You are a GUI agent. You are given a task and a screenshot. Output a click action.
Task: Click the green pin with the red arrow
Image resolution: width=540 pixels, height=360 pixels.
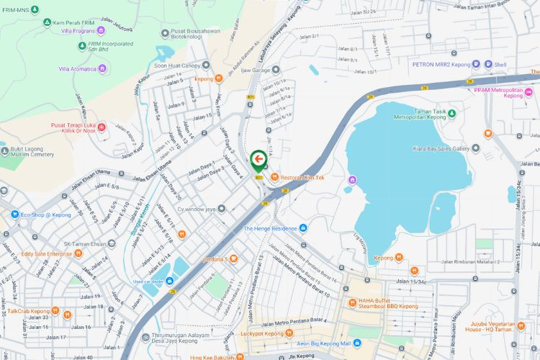click(x=258, y=161)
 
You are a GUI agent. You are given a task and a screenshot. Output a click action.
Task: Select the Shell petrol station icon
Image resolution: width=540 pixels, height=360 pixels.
click(x=487, y=64)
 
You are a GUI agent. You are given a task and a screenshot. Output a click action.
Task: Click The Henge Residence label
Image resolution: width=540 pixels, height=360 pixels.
click(x=270, y=228)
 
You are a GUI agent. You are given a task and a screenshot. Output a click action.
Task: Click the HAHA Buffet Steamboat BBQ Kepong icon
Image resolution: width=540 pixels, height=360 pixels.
click(x=352, y=302)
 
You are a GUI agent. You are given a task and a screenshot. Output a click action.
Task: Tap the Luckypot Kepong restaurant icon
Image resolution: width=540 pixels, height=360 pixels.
click(x=289, y=333)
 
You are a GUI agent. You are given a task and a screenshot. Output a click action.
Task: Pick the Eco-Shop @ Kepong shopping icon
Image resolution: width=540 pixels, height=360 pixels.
click(x=14, y=214)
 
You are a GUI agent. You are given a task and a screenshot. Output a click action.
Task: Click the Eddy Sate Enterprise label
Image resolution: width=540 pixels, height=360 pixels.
click(x=46, y=253)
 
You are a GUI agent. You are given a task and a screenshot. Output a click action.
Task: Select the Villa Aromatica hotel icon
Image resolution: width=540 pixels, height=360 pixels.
click(x=102, y=69)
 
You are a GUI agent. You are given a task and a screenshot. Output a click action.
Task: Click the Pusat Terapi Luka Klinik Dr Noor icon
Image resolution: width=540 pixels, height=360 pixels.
click(x=101, y=128)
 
